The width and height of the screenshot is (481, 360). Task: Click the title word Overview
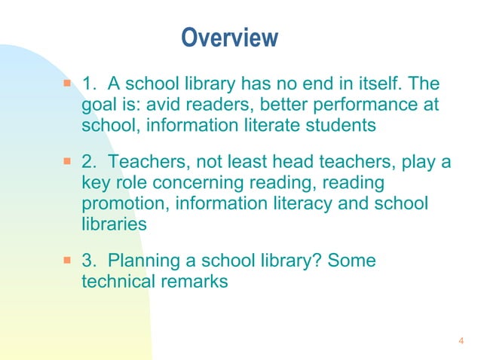click(x=230, y=37)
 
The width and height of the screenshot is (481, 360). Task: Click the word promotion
click(x=121, y=204)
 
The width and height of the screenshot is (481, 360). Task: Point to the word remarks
click(x=196, y=282)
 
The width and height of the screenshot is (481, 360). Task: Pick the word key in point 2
click(x=94, y=183)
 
